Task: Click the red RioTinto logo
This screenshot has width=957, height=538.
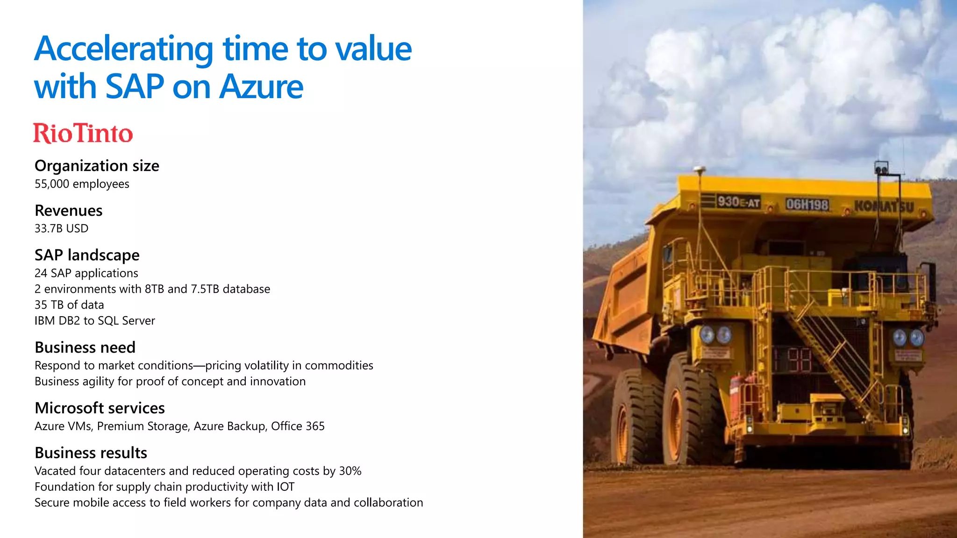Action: tap(83, 134)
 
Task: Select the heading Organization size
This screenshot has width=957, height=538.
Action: tap(97, 166)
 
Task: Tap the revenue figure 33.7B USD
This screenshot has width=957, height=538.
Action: tap(61, 228)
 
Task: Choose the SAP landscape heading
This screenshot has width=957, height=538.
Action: tap(87, 255)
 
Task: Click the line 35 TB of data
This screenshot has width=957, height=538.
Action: tap(69, 305)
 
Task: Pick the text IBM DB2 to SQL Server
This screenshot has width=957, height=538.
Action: tap(94, 321)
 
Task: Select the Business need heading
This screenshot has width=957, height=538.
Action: tap(85, 347)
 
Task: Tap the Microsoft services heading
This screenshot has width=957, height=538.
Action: tap(100, 408)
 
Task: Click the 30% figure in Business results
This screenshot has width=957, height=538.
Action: tap(350, 471)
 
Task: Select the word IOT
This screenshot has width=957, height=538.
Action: tap(285, 487)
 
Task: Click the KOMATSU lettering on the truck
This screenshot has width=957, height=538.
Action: tap(883, 206)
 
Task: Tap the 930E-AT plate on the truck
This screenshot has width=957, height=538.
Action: tap(738, 202)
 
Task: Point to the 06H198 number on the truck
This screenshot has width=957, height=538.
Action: tap(807, 205)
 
